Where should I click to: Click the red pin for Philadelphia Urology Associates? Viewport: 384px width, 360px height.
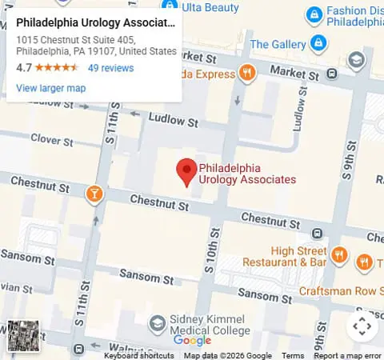(186, 171)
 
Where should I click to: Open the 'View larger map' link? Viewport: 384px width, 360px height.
(50, 88)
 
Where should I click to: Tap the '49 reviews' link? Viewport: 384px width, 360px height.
(110, 68)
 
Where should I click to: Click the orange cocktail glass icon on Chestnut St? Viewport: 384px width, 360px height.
(94, 193)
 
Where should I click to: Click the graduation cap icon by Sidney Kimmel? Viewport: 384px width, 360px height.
(158, 323)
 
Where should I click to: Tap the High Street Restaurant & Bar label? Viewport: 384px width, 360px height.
(286, 256)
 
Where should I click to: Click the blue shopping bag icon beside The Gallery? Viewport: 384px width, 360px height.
(318, 42)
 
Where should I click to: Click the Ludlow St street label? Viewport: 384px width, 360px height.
(170, 121)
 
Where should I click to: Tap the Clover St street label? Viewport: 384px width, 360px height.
(51, 142)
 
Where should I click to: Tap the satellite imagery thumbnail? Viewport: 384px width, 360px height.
(24, 336)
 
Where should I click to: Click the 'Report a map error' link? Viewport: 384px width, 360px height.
(347, 355)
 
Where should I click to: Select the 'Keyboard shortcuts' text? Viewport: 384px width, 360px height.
(138, 355)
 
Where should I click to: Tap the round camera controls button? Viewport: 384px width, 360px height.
(362, 326)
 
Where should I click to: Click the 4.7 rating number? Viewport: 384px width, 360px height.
(23, 68)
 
